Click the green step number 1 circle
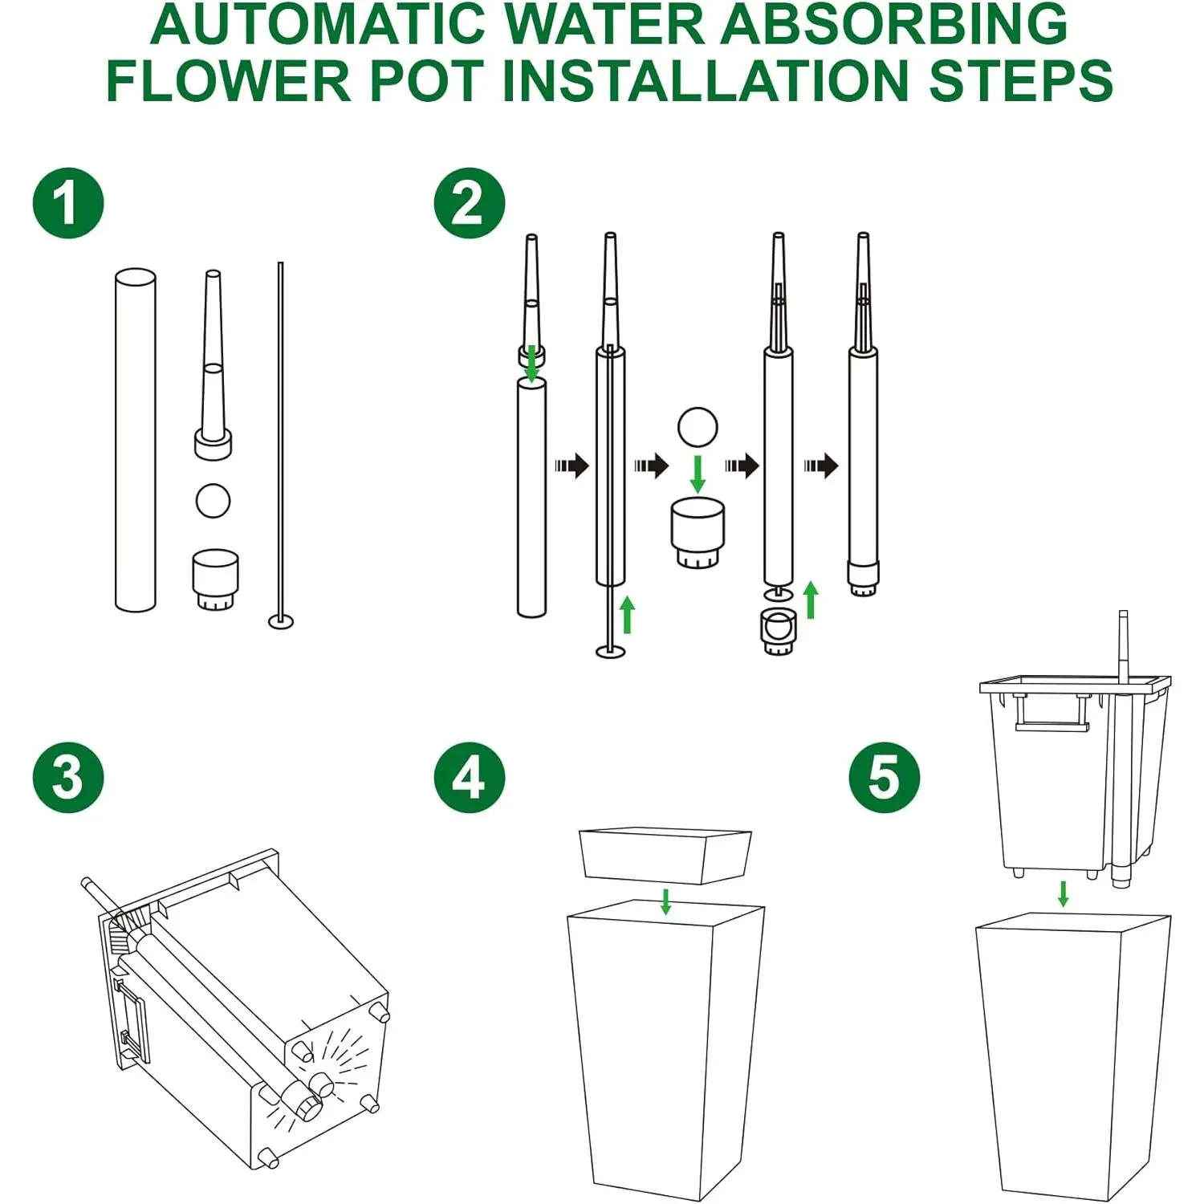click(x=68, y=203)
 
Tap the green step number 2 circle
click(x=470, y=203)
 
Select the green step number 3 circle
click(x=68, y=778)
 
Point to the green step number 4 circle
click(x=470, y=778)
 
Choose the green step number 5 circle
click(x=885, y=778)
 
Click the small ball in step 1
click(x=213, y=500)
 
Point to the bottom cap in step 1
click(x=216, y=580)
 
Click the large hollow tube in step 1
click(x=136, y=440)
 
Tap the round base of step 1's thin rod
click(x=281, y=621)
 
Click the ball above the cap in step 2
click(x=697, y=427)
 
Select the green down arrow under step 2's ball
click(x=698, y=474)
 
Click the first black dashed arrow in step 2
click(x=571, y=465)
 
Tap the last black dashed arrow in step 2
click(x=821, y=465)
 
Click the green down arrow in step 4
click(x=665, y=901)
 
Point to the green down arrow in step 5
click(x=1064, y=893)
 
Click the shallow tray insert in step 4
click(x=665, y=856)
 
